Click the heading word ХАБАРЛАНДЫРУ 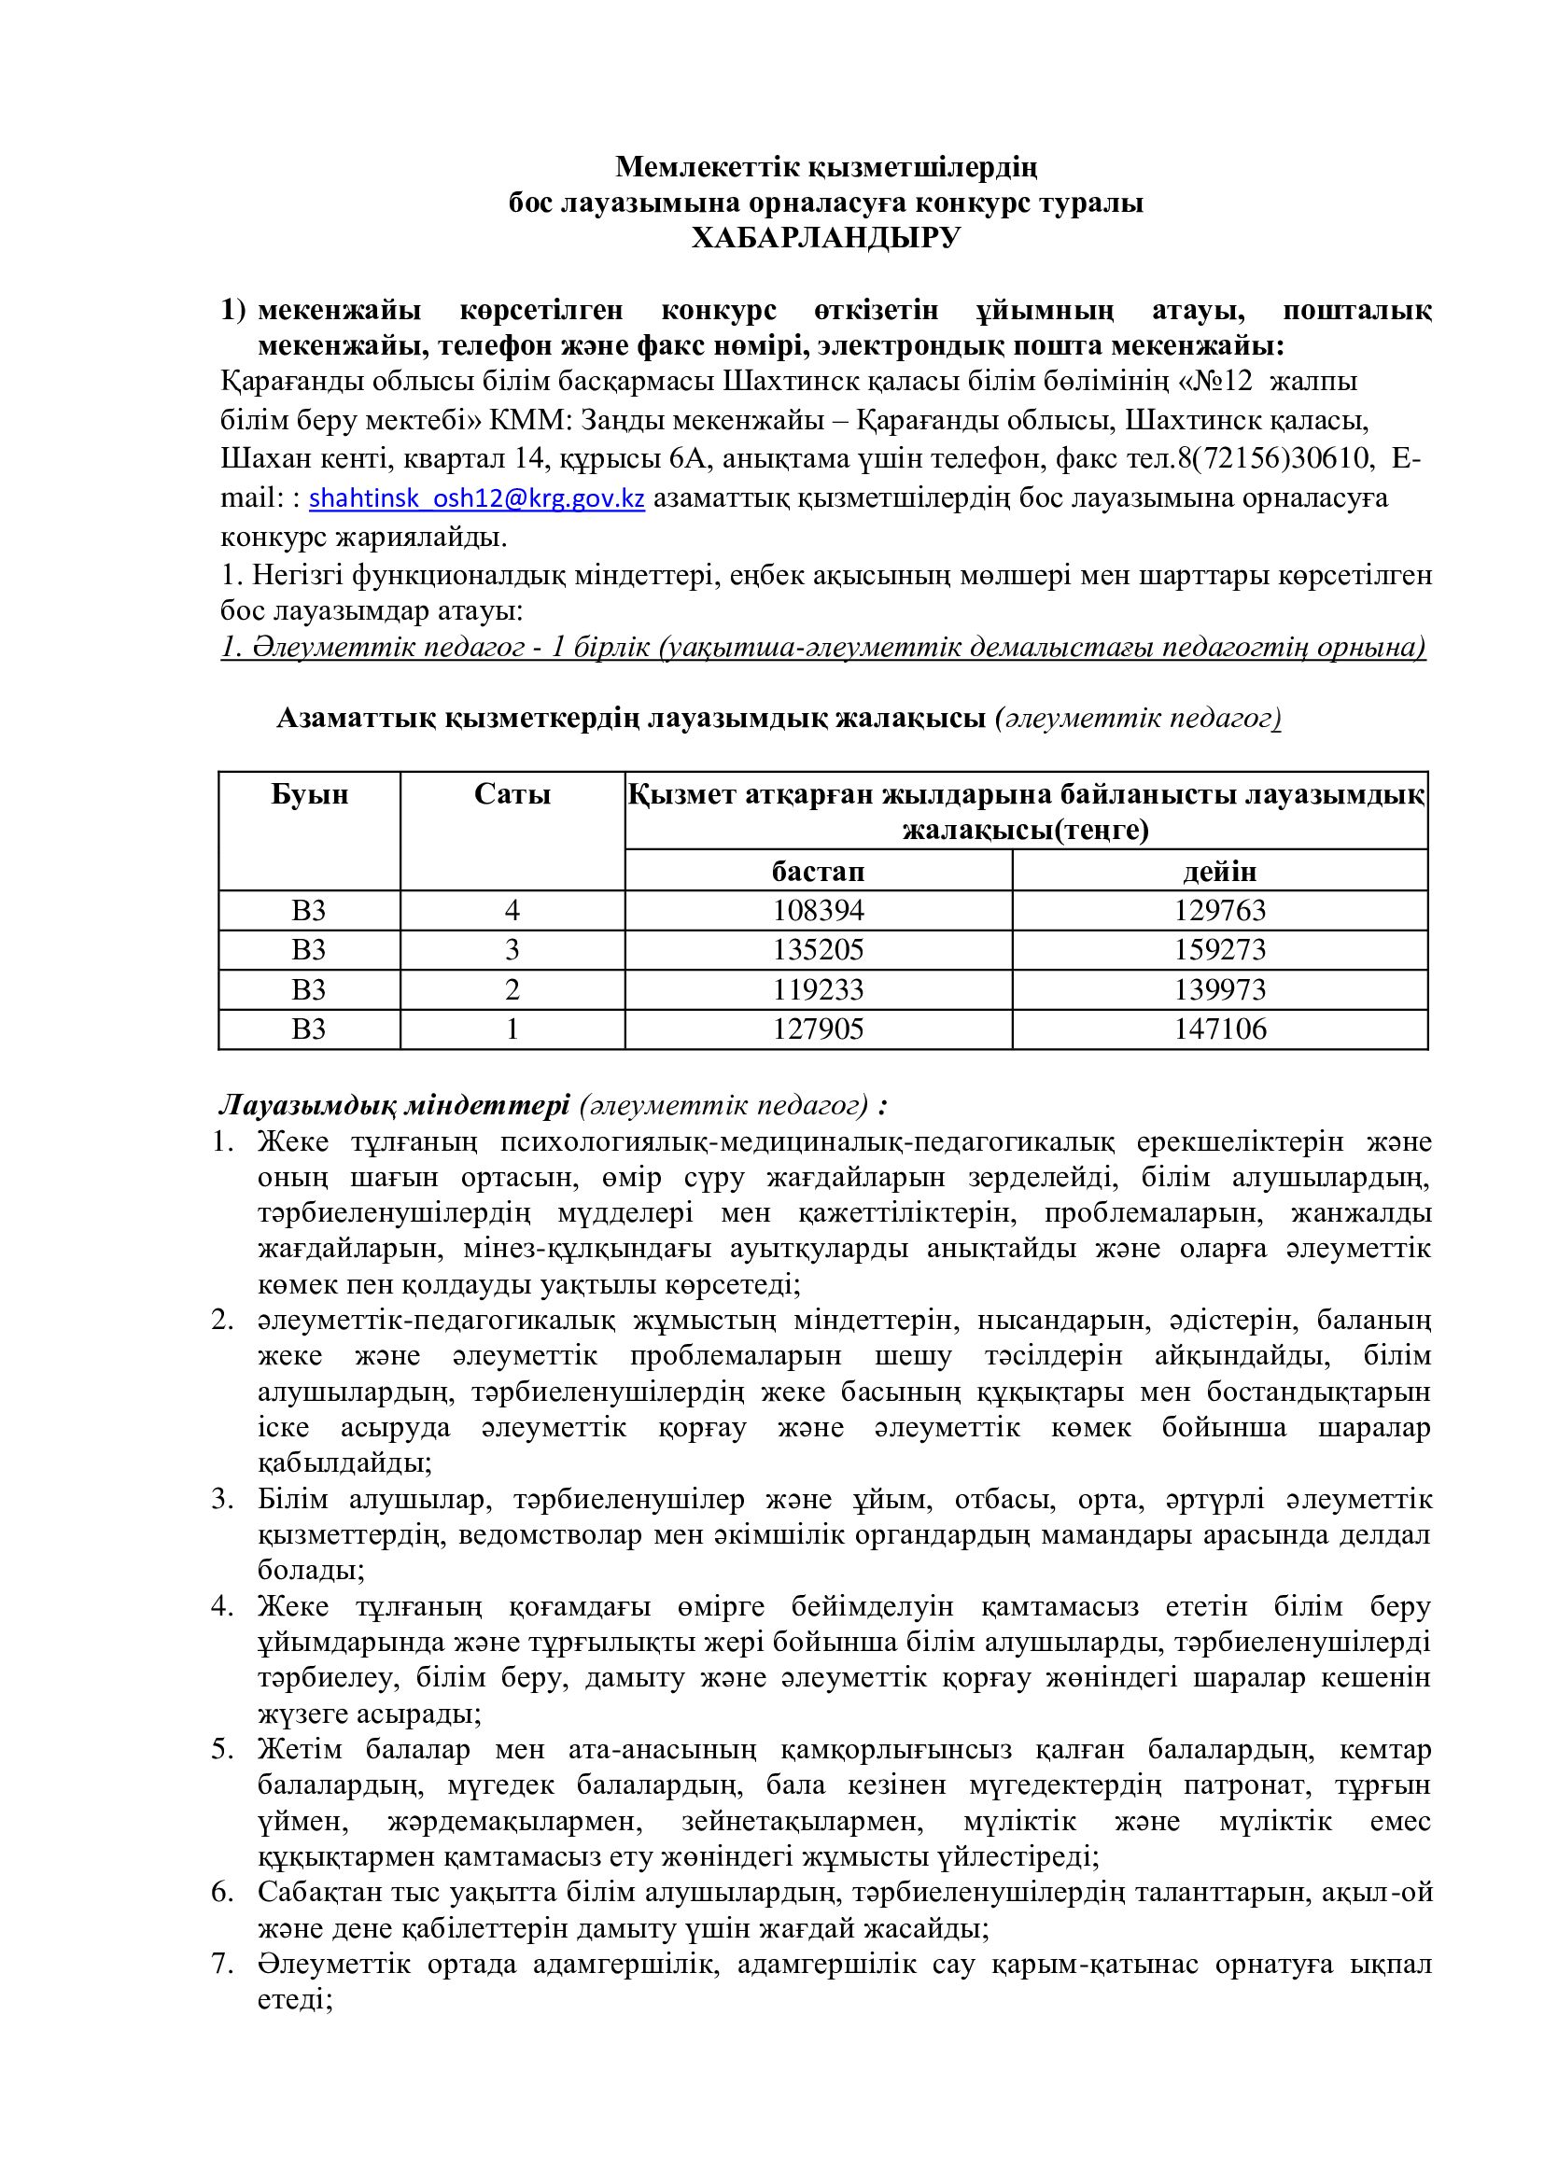point(825,238)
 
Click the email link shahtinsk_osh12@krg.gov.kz point(477,498)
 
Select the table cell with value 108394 point(818,911)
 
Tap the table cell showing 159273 point(1220,950)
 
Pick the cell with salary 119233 point(818,989)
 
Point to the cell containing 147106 point(1220,1029)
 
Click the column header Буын point(309,795)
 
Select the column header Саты point(512,795)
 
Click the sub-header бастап point(818,871)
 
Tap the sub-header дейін point(1220,871)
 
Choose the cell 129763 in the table point(1220,911)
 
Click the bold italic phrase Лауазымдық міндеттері point(395,1106)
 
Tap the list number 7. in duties point(222,1965)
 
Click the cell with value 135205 point(818,950)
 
